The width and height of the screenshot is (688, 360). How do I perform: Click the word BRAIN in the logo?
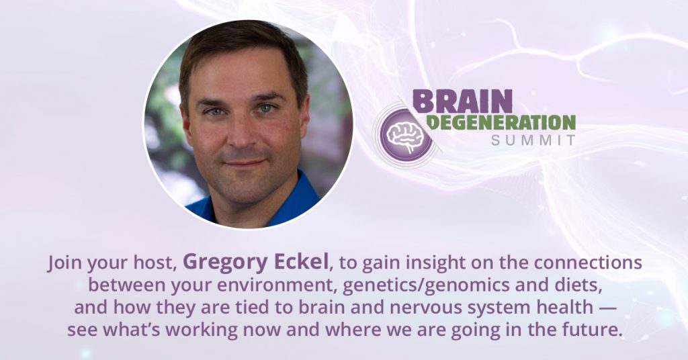tap(462, 101)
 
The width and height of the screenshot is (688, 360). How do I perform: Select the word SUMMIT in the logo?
tap(533, 140)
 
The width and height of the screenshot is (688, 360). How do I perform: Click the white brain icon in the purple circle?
tap(406, 136)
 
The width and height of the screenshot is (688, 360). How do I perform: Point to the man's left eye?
tap(266, 108)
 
